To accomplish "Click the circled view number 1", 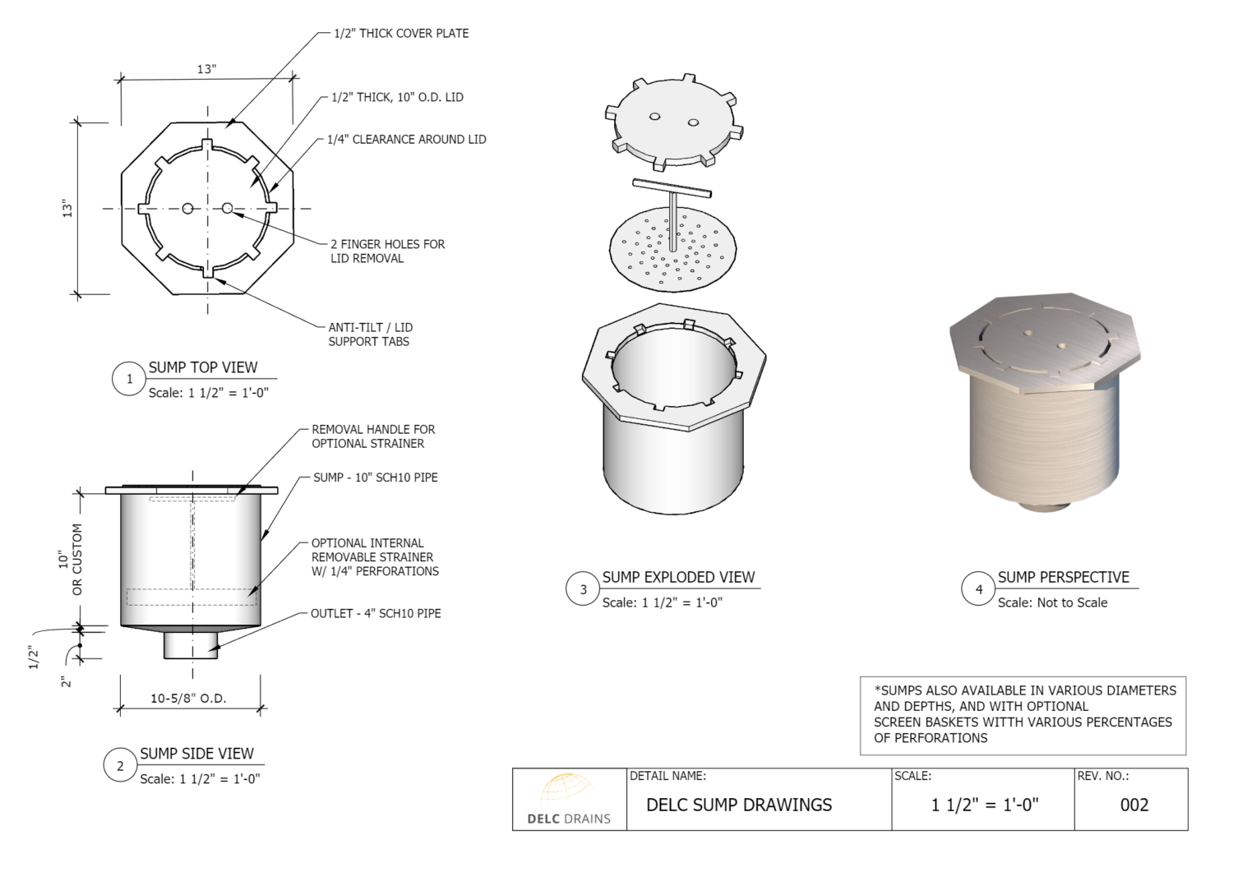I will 129,379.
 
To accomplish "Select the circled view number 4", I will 978,589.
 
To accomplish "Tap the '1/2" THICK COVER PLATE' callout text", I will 401,34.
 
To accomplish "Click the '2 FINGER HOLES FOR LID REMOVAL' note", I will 387,251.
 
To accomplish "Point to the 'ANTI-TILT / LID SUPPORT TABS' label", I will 370,334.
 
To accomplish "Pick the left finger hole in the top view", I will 187,209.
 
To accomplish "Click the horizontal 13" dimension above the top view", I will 205,69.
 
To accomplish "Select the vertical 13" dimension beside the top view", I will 69,209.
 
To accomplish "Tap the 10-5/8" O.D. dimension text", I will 188,699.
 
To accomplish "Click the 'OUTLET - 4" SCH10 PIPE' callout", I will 376,613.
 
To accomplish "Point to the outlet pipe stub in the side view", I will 192,644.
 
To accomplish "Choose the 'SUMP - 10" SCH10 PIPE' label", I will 376,478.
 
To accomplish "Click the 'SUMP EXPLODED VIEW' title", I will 678,577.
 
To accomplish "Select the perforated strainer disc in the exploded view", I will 670,249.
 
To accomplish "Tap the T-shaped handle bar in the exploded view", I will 672,189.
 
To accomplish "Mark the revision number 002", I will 1134,805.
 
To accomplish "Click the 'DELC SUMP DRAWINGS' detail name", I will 739,805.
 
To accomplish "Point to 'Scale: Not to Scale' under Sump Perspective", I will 1052,602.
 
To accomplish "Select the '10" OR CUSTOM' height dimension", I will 71,560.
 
